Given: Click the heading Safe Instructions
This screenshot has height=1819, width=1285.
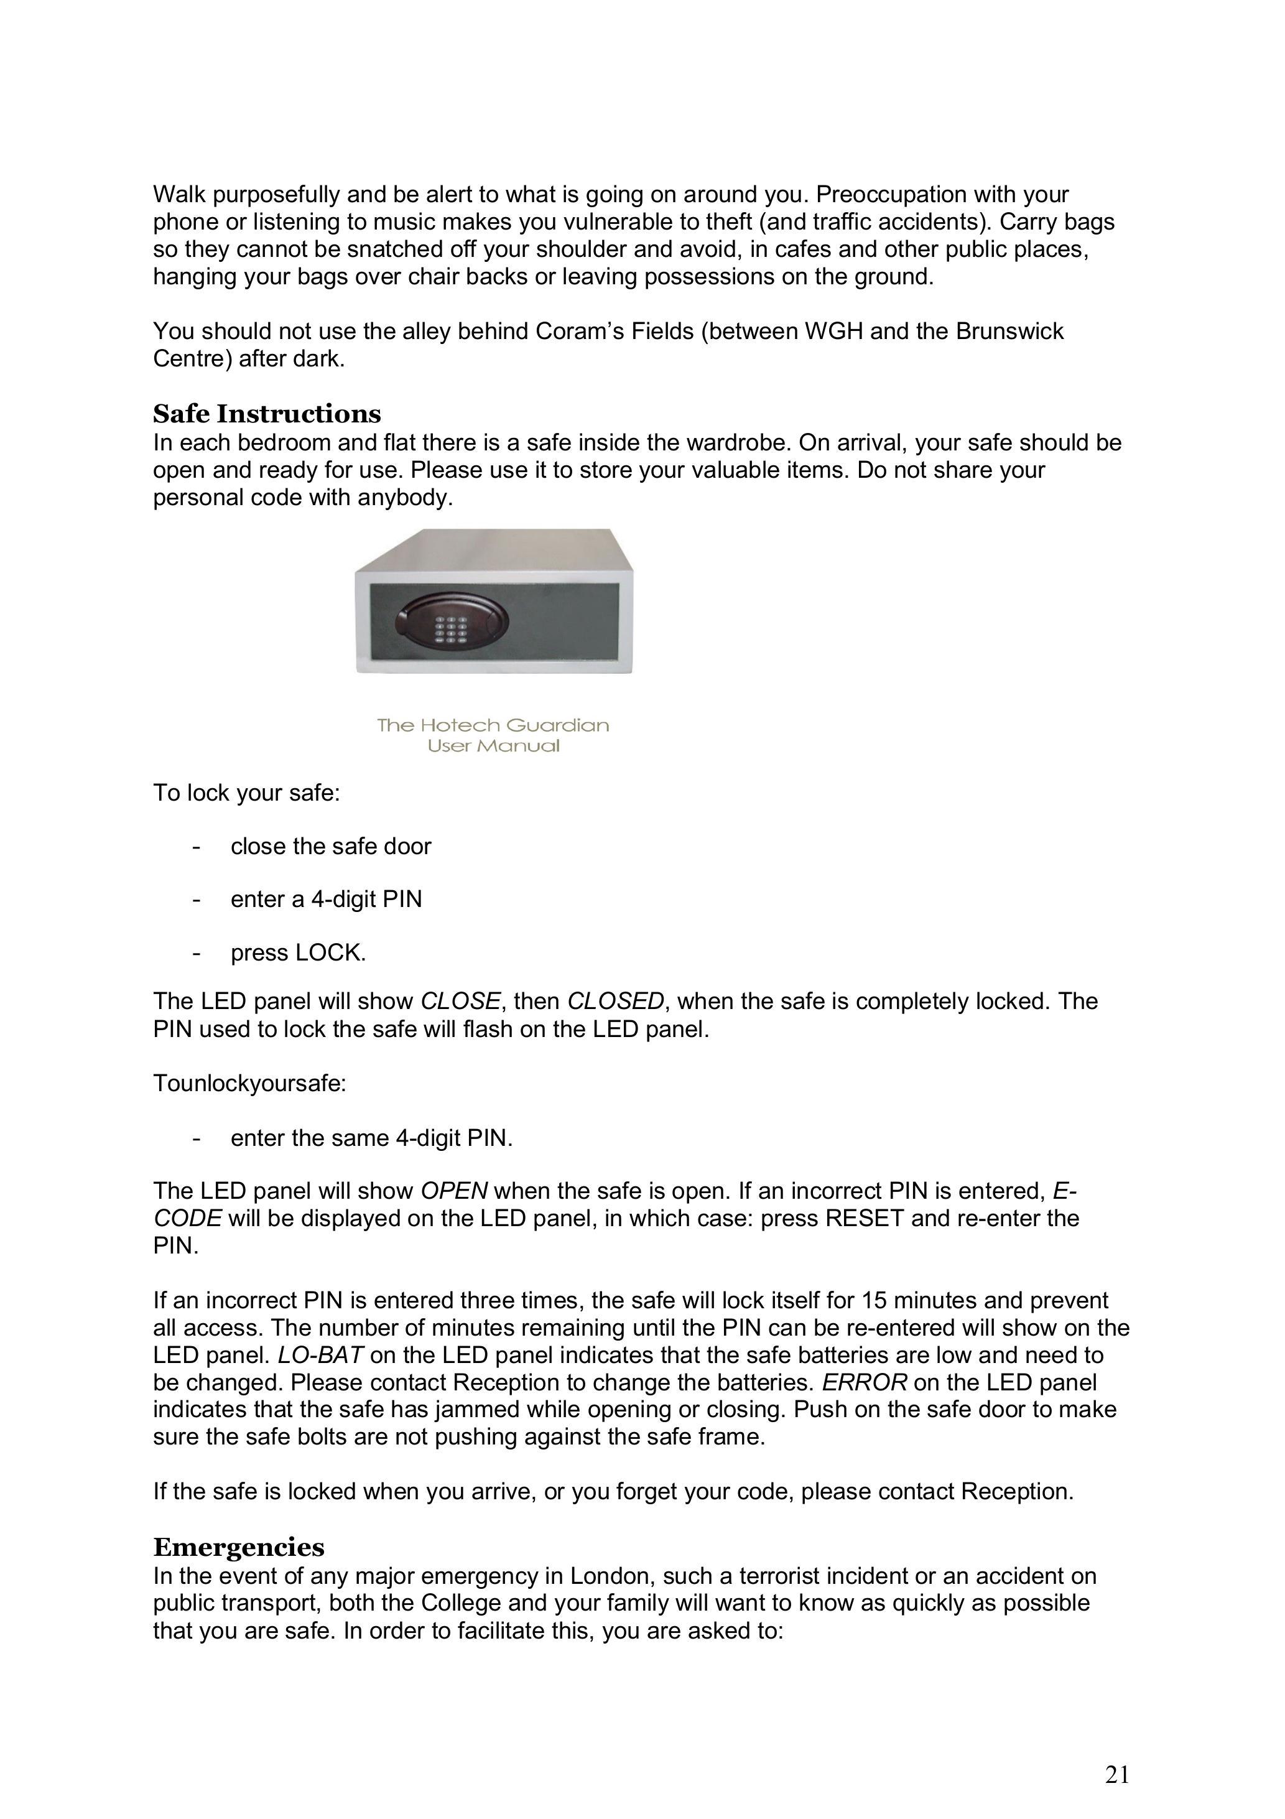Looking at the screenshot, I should (x=267, y=414).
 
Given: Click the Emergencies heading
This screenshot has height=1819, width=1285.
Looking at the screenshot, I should (x=238, y=1547).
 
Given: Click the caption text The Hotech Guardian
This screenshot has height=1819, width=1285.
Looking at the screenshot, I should (x=493, y=725).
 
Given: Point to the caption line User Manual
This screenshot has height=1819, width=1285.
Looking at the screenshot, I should (x=493, y=745).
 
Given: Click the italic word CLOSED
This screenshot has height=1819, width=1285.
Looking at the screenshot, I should (x=615, y=1002).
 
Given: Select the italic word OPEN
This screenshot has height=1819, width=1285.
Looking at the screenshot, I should (x=454, y=1191).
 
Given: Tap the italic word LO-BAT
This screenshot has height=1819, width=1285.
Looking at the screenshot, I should (x=320, y=1356).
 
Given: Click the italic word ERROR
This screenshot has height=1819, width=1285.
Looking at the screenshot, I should (x=863, y=1382).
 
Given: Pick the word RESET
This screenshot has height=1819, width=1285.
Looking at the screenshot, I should (x=865, y=1217).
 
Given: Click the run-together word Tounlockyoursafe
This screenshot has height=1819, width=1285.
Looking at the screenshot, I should (x=249, y=1083).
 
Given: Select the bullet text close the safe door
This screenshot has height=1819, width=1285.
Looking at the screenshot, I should (x=330, y=846).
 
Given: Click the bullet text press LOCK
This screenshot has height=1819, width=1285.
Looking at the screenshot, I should (x=298, y=952).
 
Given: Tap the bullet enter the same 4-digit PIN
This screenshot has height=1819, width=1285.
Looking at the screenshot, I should (x=371, y=1138).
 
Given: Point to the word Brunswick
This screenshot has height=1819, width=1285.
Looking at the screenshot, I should (x=1009, y=331).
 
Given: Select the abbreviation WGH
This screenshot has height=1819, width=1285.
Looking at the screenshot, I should (x=833, y=331).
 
